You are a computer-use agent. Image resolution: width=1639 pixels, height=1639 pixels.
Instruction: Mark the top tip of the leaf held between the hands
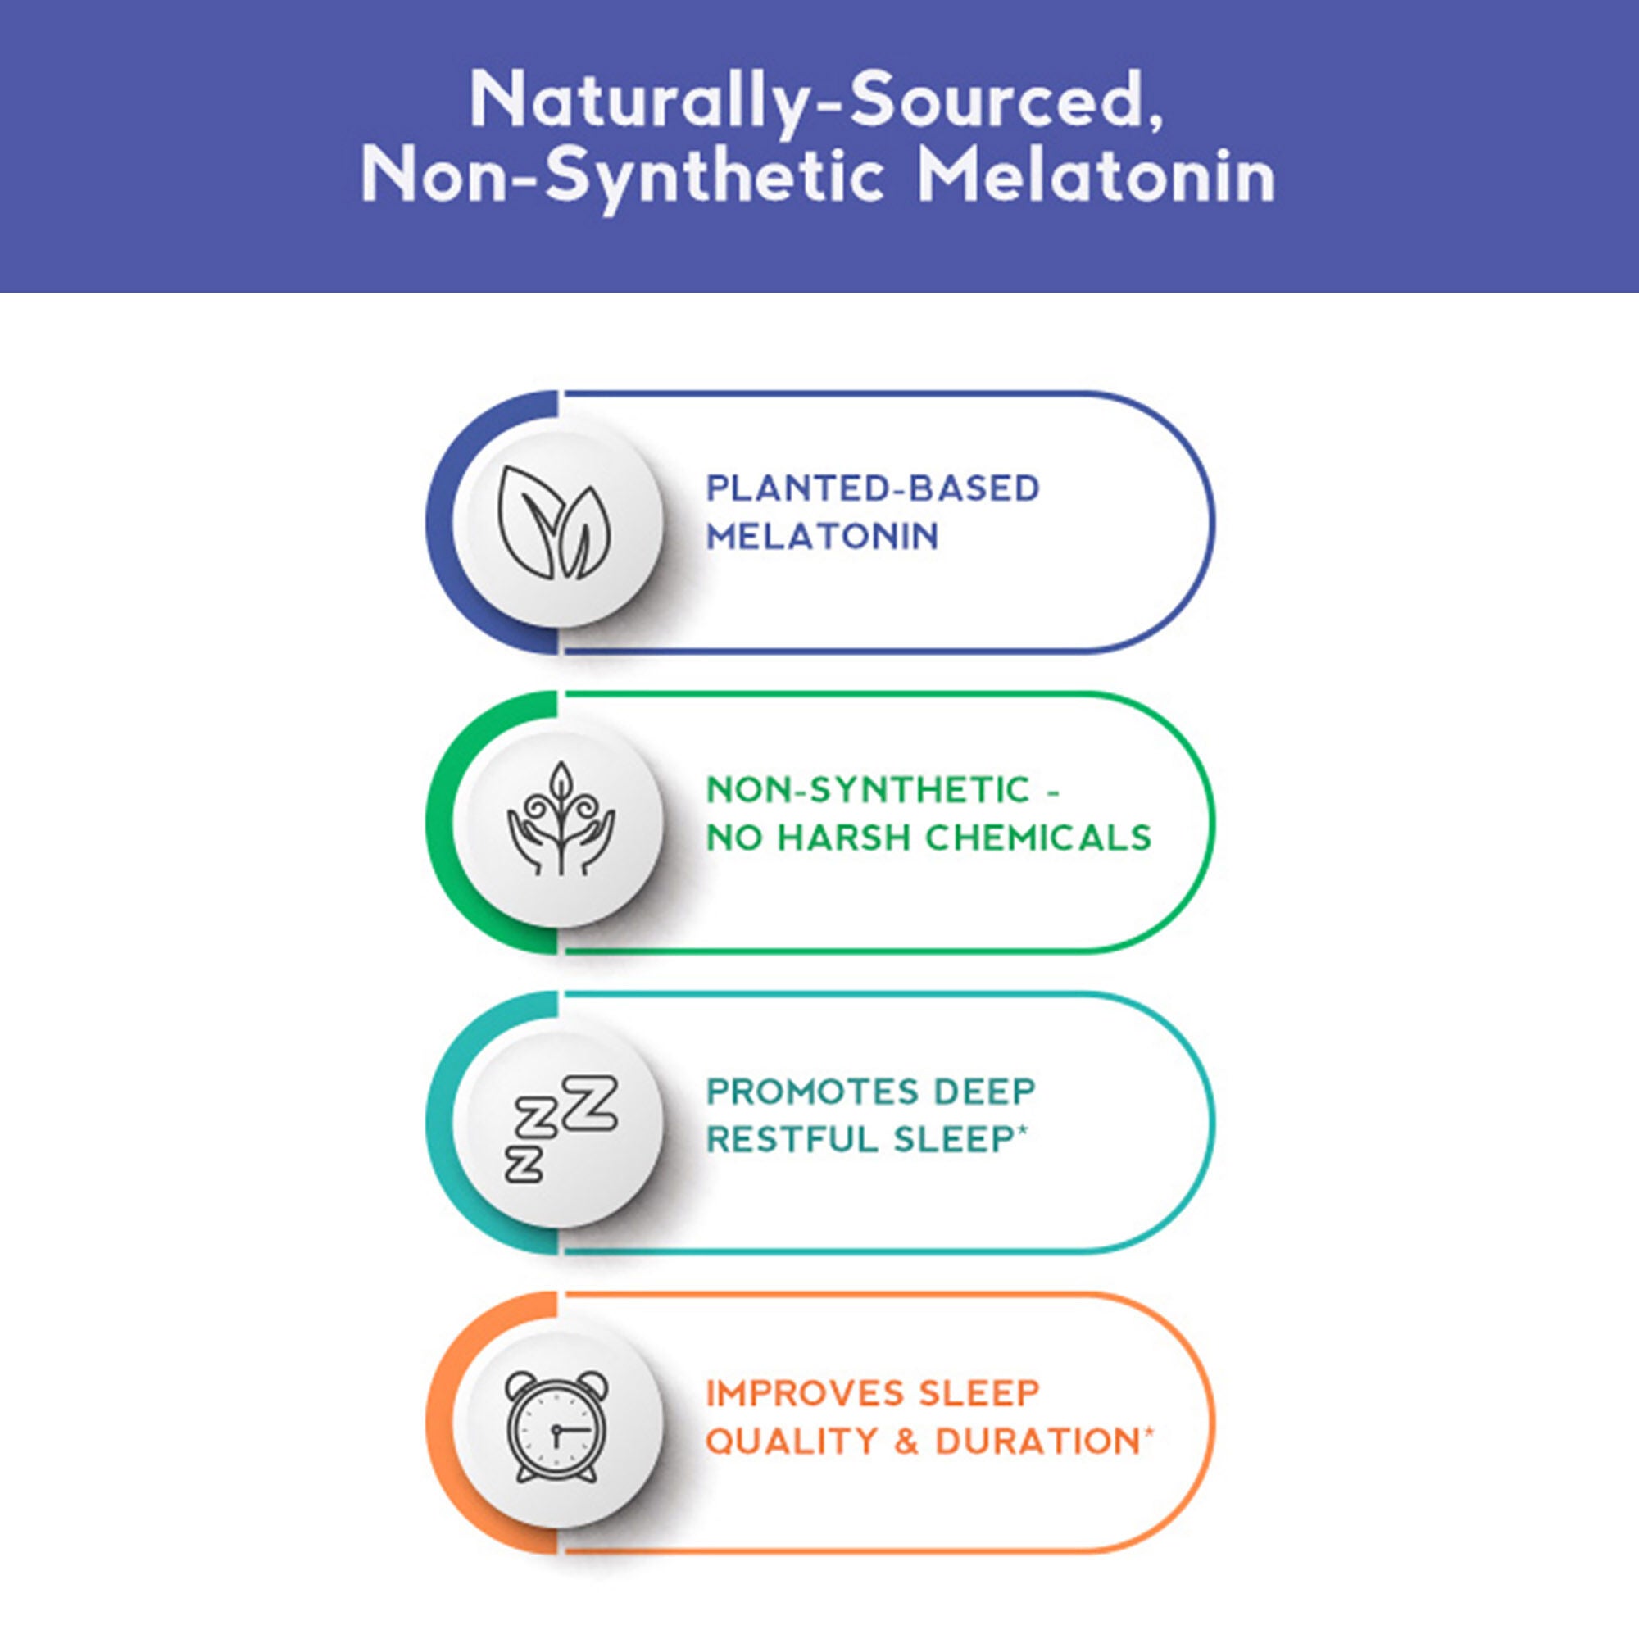tap(561, 762)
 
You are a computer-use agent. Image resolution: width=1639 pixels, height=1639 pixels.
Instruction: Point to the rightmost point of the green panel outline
tap(1214, 822)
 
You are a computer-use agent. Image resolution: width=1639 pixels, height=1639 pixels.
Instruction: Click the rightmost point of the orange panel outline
tap(1214, 1423)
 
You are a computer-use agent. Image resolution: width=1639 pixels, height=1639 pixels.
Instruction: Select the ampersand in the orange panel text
tap(907, 1442)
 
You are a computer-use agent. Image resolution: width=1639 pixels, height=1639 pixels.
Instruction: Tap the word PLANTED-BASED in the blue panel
tap(873, 488)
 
